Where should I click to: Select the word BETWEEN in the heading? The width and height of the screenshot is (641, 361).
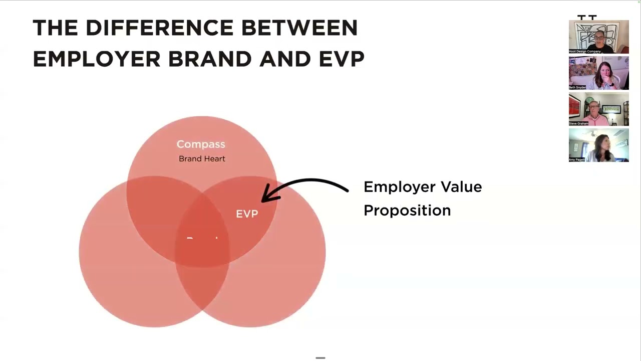point(299,28)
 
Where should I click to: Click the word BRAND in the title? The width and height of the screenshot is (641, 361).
point(209,59)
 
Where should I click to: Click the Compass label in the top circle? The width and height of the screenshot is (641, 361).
point(201,144)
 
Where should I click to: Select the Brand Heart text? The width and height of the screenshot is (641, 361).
point(202,159)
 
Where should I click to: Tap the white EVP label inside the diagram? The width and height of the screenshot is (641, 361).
point(247,214)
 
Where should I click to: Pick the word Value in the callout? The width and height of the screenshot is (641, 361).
point(460,187)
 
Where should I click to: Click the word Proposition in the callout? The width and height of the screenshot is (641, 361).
point(407,211)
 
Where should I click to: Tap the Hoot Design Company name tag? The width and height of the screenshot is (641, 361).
point(585,51)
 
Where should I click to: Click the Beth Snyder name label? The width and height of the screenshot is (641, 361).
point(577,87)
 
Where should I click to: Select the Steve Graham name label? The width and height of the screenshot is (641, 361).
point(578,123)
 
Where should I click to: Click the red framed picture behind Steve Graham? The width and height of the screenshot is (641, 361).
point(574,106)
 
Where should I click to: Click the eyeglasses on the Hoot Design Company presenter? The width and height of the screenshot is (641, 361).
point(599,38)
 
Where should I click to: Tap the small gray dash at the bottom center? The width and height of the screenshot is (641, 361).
point(320,358)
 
